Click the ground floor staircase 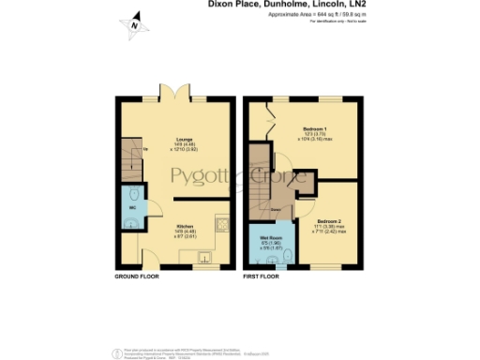tap(130, 159)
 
